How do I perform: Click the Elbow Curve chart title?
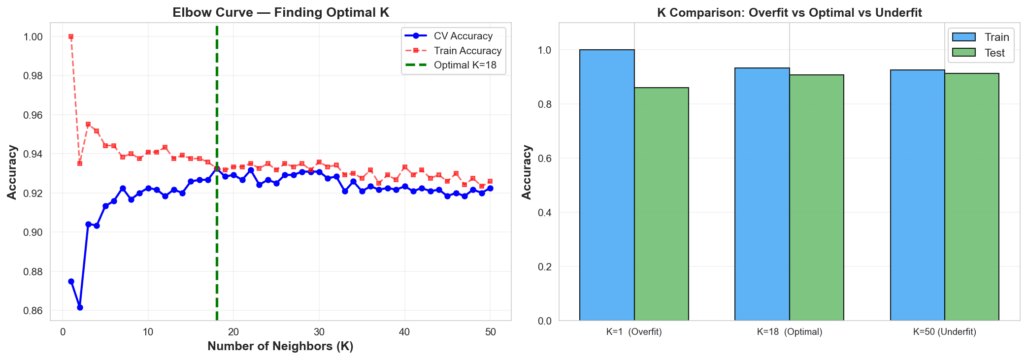click(x=281, y=12)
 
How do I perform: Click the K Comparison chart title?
click(x=789, y=13)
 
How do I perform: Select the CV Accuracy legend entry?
click(x=463, y=36)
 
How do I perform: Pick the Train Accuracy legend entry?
click(x=467, y=51)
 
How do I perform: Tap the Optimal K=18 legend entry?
click(x=465, y=65)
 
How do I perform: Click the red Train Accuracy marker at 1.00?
click(x=71, y=36)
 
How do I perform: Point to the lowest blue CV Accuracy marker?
click(x=80, y=307)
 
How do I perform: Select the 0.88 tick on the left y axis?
click(x=33, y=272)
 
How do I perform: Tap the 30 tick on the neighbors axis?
click(x=319, y=332)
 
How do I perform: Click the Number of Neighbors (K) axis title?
click(x=280, y=346)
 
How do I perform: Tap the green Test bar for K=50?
click(x=971, y=197)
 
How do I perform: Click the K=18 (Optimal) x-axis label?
click(x=790, y=332)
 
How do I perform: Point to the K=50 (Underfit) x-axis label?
click(x=944, y=332)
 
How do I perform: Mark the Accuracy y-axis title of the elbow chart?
click(x=12, y=172)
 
